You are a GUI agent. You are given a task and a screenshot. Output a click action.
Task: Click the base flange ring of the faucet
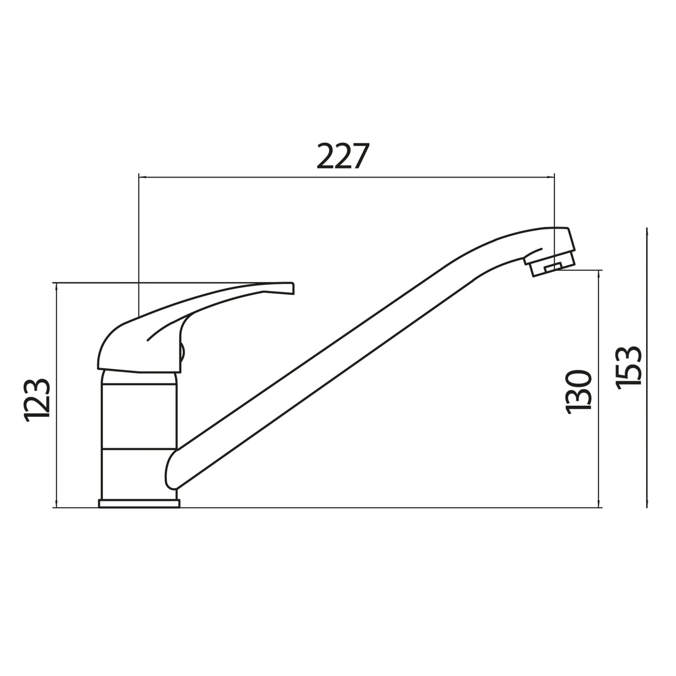(x=139, y=503)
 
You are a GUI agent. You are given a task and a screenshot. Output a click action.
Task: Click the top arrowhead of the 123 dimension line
(x=56, y=287)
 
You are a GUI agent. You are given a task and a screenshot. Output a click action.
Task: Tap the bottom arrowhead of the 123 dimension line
(x=56, y=504)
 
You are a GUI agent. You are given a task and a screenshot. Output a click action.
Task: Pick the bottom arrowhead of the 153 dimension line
(x=647, y=504)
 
